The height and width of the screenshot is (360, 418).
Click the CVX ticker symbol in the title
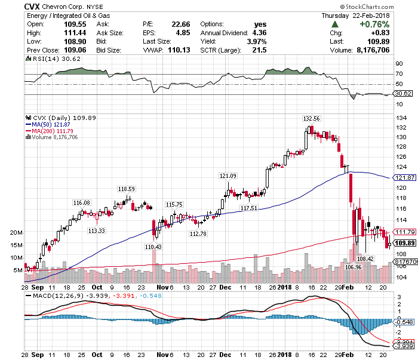coord(33,6)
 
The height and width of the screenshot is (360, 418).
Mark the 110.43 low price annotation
coord(154,247)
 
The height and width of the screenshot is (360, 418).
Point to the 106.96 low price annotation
coord(354,267)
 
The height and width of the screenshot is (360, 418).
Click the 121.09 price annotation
coord(228,176)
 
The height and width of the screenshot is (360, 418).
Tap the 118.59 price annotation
coord(126,189)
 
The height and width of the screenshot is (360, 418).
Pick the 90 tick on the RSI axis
coord(398,63)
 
